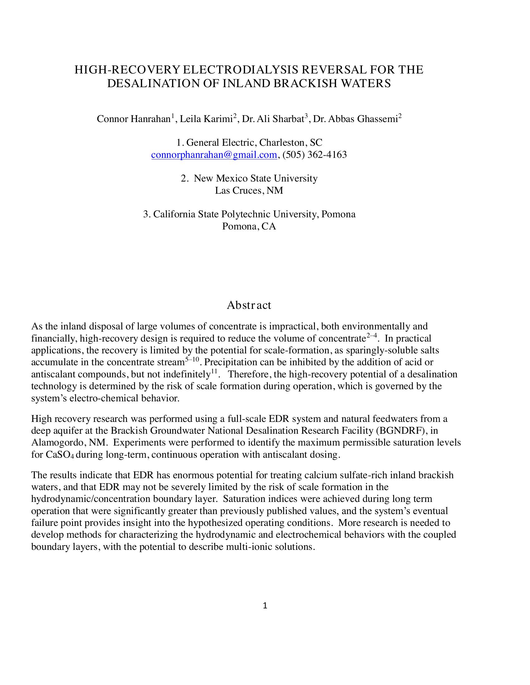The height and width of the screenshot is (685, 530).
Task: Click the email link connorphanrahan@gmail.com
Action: tap(214, 155)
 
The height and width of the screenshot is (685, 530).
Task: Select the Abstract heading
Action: tap(249, 305)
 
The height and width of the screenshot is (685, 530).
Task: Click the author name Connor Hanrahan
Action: tap(133, 119)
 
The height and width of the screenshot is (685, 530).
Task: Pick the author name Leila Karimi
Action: tap(206, 119)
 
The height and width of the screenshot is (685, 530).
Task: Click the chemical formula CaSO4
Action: tap(60, 455)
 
